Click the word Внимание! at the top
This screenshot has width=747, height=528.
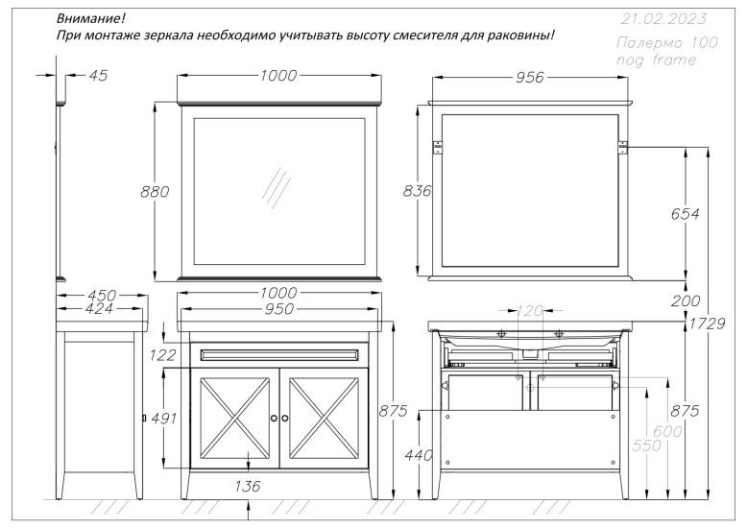(91, 18)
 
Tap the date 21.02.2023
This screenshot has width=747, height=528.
(662, 18)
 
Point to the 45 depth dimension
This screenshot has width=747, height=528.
(97, 76)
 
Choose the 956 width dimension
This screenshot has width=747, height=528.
(531, 79)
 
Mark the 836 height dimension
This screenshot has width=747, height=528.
(415, 192)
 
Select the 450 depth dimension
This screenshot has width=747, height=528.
(101, 295)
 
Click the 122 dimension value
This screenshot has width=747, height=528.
(164, 355)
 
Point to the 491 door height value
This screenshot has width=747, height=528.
(164, 420)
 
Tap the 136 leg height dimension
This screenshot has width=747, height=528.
(248, 487)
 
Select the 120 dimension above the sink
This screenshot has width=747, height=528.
(530, 310)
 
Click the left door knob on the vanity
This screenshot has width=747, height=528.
(274, 419)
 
